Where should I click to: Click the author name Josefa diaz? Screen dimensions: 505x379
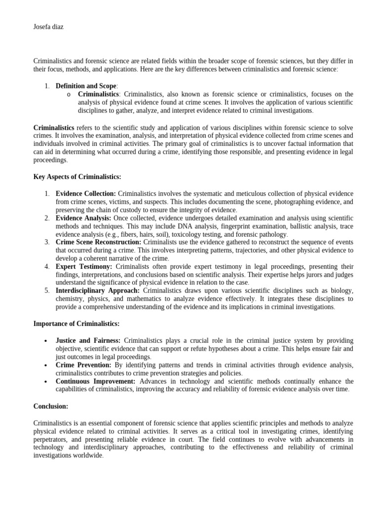[48, 27]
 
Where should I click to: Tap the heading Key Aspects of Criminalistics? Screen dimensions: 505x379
[77, 177]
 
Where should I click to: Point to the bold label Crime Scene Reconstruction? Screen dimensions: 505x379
[98, 242]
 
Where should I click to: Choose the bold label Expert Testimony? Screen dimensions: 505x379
[84, 266]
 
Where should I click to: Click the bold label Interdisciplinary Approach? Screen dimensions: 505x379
[98, 290]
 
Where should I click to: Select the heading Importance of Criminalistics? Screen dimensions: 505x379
[76, 324]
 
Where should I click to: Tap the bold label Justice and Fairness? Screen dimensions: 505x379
[88, 341]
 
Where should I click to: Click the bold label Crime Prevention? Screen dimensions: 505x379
[83, 365]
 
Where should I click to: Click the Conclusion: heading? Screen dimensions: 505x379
[51, 406]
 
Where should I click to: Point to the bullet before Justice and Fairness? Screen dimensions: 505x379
[45, 341]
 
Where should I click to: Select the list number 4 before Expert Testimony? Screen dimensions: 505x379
[46, 266]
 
